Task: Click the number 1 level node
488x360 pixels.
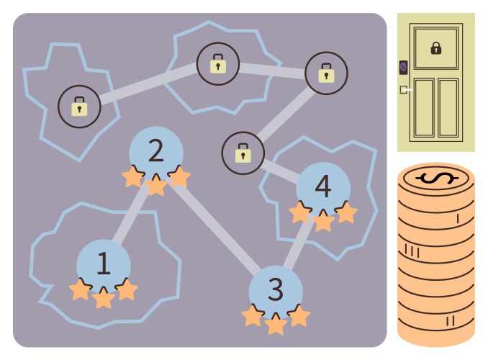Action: pos(103,264)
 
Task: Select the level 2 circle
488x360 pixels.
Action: pos(156,150)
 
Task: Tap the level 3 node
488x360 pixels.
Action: pos(276,289)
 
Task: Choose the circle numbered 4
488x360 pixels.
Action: pos(323,186)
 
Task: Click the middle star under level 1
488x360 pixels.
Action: pos(104,297)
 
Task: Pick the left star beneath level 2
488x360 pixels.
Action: pos(132,176)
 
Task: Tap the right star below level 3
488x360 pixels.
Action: pos(299,315)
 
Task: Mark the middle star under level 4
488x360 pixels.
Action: pos(323,220)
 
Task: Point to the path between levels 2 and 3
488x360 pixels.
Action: pos(216,224)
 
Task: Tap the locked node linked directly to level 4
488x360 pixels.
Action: pos(243,153)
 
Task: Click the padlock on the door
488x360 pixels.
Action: pos(435,48)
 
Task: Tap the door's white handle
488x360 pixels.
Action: pos(407,90)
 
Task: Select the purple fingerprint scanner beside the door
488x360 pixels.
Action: pos(403,68)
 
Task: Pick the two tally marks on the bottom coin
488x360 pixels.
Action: pos(450,320)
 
